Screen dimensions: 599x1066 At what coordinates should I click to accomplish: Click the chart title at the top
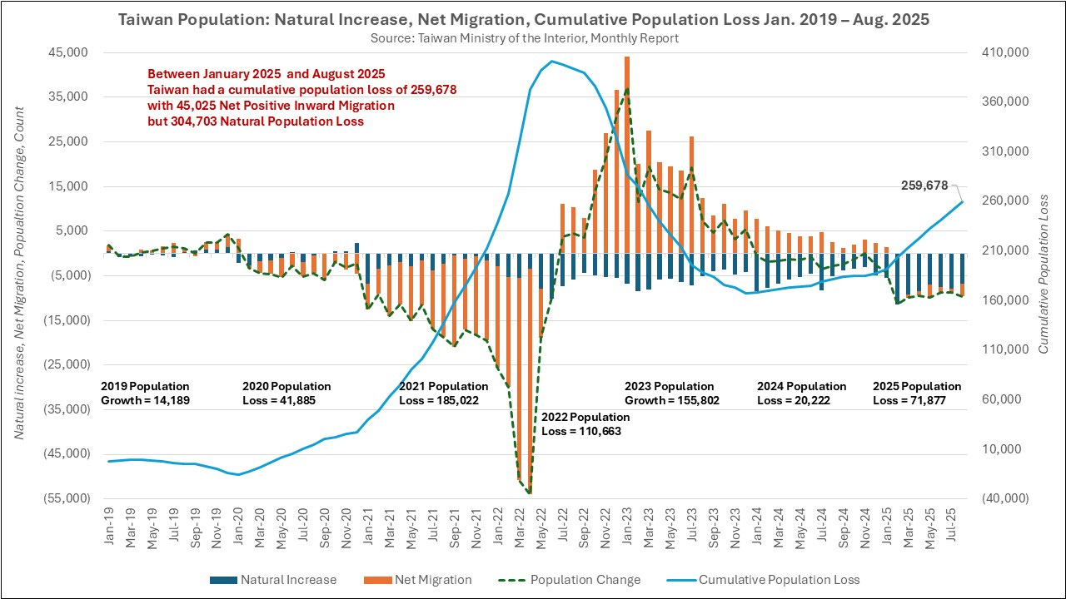pyautogui.click(x=524, y=18)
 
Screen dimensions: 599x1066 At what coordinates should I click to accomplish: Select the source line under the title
pyautogui.click(x=525, y=37)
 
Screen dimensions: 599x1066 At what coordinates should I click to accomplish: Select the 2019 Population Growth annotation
pyautogui.click(x=145, y=393)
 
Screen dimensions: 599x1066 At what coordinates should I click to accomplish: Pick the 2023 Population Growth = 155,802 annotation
pyautogui.click(x=671, y=393)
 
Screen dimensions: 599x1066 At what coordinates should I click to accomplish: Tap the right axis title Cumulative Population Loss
pyautogui.click(x=1043, y=275)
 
